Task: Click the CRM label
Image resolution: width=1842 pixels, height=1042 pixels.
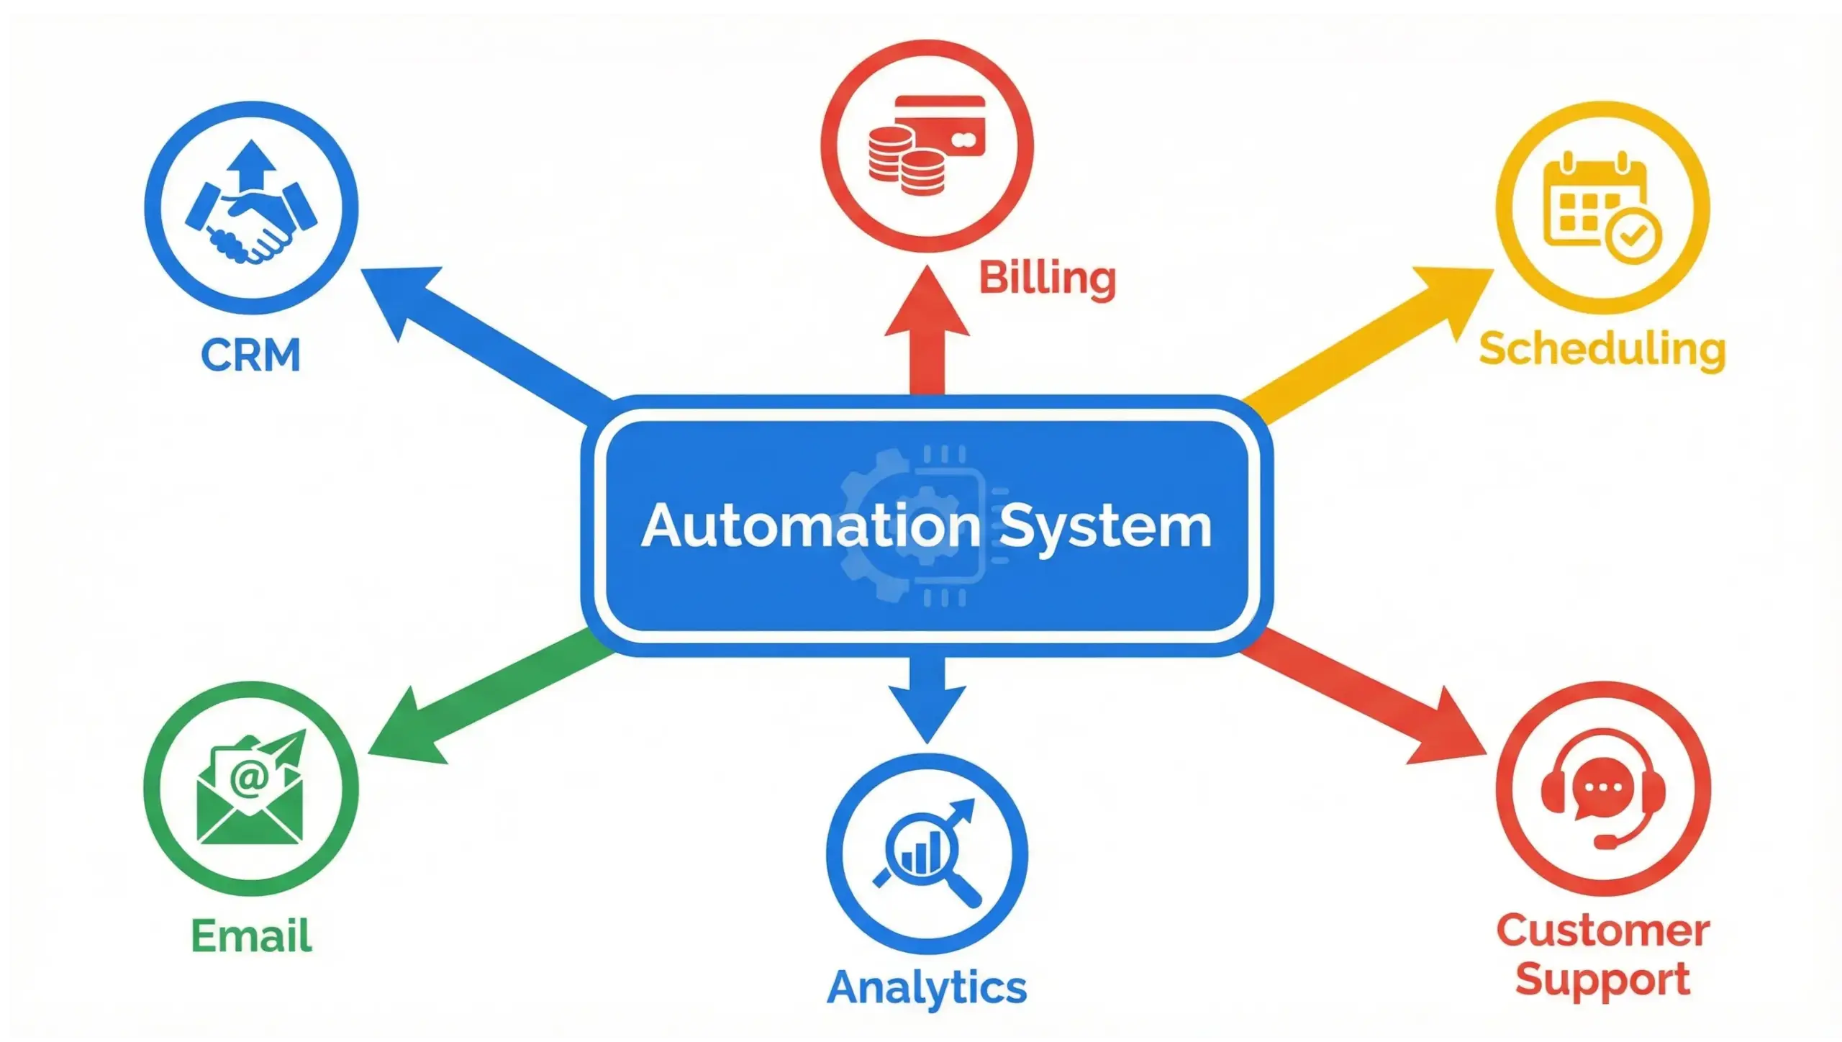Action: click(250, 355)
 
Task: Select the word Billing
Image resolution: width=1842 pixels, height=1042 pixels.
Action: click(1047, 278)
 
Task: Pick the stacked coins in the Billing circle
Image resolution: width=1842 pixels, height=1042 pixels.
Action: click(905, 162)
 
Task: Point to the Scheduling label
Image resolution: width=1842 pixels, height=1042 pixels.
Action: click(1602, 350)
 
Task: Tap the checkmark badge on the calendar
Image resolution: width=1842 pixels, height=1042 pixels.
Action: click(1634, 235)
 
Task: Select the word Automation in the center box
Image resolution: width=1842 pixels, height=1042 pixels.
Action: click(811, 526)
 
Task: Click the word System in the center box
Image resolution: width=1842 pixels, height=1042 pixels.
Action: click(1105, 527)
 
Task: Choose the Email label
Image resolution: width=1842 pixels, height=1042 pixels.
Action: click(251, 935)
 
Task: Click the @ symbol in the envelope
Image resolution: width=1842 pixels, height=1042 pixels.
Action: click(249, 779)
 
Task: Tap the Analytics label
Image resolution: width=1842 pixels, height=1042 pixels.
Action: click(927, 987)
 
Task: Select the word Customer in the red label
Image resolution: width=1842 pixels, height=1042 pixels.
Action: click(1603, 931)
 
